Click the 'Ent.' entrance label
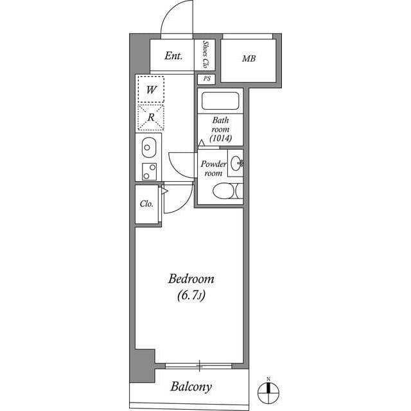coord(173,57)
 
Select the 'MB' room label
coord(249,59)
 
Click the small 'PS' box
coord(206,79)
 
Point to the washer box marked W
coord(150,89)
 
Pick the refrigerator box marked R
coord(150,117)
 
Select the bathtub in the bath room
coord(220,101)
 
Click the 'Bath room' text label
coord(221,125)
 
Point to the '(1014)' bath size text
coord(221,139)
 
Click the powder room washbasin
coord(236,163)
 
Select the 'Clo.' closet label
coord(146,204)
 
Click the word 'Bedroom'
coord(191,279)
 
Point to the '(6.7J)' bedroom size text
coord(191,296)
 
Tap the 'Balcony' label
coord(191,387)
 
